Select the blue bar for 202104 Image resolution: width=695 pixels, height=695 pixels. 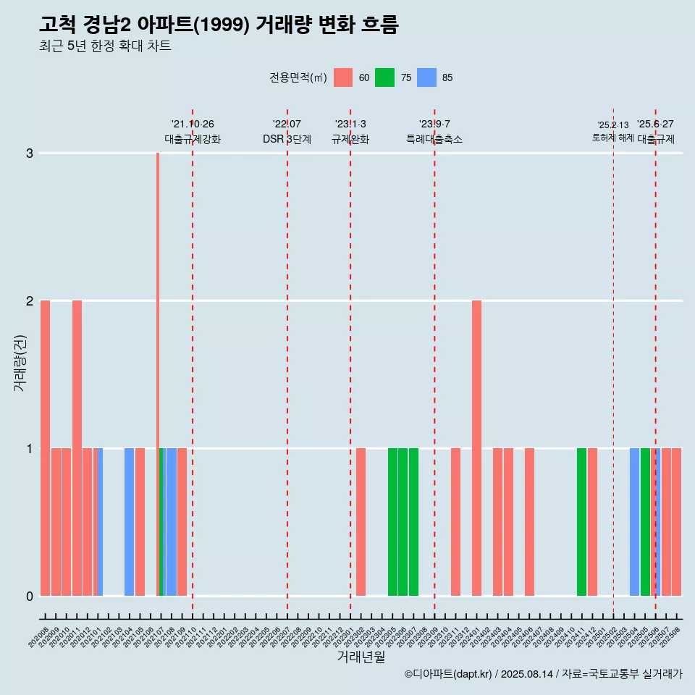[129, 521]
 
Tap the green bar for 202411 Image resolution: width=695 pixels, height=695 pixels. [581, 521]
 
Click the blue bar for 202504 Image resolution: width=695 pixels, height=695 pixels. [634, 521]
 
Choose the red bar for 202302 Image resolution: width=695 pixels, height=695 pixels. [361, 521]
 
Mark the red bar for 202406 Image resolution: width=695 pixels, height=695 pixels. [529, 521]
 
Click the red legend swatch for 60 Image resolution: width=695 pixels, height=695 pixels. [343, 77]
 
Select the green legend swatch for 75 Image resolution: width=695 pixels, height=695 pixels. [385, 77]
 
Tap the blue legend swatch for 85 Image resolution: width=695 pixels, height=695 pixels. [427, 77]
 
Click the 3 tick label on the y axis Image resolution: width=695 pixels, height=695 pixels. [30, 153]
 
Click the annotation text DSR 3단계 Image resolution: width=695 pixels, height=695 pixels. [287, 139]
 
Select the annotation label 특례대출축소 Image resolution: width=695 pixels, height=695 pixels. [434, 139]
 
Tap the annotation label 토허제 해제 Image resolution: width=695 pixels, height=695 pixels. [612, 137]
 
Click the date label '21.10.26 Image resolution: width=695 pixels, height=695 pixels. [193, 124]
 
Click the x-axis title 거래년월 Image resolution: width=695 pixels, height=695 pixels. [361, 657]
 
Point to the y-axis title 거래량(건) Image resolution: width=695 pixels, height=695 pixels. [20, 362]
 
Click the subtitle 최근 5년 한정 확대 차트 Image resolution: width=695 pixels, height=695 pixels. [105, 46]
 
